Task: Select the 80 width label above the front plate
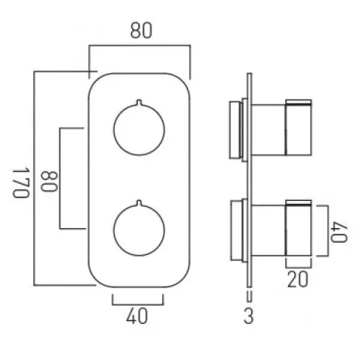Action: [139, 31]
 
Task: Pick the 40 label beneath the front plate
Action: [138, 317]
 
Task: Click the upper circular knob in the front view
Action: [139, 128]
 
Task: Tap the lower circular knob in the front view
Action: [139, 229]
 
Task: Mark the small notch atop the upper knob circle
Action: [139, 100]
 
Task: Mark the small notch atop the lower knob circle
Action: [139, 202]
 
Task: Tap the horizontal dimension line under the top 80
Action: [139, 47]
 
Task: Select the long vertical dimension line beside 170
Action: [34, 179]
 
